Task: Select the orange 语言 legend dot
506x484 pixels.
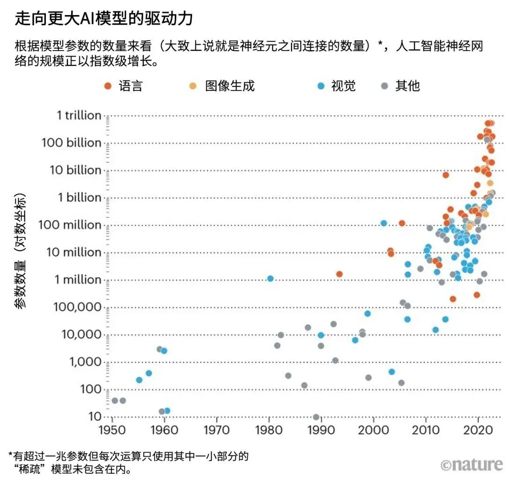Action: pyautogui.click(x=108, y=86)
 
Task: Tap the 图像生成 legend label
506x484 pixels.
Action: pyautogui.click(x=230, y=86)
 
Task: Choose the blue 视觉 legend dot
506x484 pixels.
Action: pyautogui.click(x=321, y=86)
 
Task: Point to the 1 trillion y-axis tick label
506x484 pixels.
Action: pyautogui.click(x=79, y=115)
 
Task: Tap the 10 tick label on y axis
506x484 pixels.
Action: pyautogui.click(x=95, y=417)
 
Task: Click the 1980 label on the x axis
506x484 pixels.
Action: pyautogui.click(x=268, y=430)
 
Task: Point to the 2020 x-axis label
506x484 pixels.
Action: pyautogui.click(x=478, y=430)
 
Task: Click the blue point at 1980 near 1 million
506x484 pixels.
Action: pyautogui.click(x=270, y=279)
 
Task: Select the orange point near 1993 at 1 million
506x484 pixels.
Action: pyautogui.click(x=340, y=274)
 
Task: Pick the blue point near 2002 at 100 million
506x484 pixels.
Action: pyautogui.click(x=384, y=223)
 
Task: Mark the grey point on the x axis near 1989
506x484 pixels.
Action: pyautogui.click(x=316, y=417)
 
